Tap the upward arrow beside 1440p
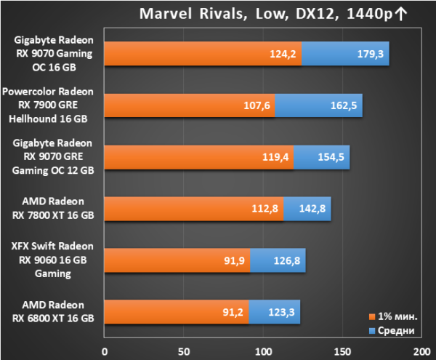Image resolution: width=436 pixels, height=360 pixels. coord(400,14)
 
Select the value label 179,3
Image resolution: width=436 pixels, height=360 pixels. coord(370,54)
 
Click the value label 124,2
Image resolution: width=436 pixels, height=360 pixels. coord(283,54)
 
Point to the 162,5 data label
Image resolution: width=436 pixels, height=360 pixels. coord(344,105)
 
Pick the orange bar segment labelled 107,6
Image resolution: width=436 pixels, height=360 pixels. coord(190,105)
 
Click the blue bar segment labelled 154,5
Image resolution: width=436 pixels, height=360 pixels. coord(322,157)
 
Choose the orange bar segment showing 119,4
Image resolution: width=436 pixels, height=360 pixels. coord(199,157)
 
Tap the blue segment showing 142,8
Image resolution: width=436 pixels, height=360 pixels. coord(307,209)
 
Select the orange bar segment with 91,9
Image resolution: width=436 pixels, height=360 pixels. coord(177,260)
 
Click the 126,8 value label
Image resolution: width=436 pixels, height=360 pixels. coord(287,260)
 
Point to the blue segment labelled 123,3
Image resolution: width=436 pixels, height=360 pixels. coord(275,312)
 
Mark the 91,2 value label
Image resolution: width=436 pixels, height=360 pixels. coord(233,312)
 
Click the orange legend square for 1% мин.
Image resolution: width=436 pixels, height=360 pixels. coord(372,316)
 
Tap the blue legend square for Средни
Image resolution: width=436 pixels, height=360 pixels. coord(372,330)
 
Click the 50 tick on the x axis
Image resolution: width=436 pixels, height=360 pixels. coord(184,352)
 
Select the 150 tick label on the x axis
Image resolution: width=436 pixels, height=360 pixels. coord(342,352)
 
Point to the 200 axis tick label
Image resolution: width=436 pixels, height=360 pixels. coord(421,352)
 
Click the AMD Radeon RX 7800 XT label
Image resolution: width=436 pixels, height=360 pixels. coord(53,208)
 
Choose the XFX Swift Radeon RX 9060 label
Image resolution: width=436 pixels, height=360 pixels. coord(52,260)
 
